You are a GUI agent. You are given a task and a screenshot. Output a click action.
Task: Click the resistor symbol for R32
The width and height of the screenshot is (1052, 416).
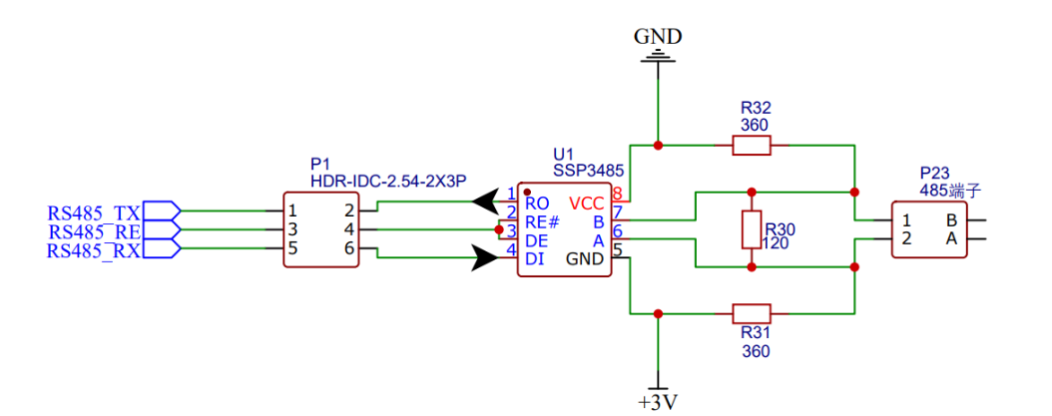point(752,146)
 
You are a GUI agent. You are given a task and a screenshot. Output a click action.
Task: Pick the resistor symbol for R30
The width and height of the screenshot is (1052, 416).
point(752,229)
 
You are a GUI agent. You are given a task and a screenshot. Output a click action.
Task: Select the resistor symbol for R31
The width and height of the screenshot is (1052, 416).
point(752,312)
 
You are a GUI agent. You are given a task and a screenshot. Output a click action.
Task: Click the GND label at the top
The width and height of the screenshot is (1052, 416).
point(658,37)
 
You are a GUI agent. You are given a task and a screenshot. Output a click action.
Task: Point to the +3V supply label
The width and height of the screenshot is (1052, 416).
point(658,402)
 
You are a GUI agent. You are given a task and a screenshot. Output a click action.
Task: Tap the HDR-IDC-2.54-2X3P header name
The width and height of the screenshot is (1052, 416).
point(388,181)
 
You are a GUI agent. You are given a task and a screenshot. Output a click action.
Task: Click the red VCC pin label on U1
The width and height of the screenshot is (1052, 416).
point(589,203)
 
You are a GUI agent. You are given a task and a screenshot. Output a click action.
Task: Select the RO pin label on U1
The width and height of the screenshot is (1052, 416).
point(537,203)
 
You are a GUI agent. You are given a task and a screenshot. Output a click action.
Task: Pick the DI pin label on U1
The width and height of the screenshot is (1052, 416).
point(534,258)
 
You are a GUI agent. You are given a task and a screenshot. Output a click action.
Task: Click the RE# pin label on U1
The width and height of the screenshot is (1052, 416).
point(542,221)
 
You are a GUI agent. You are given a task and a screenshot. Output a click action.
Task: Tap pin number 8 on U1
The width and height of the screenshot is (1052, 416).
point(618,194)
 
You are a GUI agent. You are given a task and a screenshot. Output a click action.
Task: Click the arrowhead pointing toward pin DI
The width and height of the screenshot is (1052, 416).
point(485,259)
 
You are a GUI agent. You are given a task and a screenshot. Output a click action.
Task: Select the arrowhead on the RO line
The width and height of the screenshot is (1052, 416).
point(485,203)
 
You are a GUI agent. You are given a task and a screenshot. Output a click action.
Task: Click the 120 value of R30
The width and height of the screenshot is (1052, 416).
point(776,242)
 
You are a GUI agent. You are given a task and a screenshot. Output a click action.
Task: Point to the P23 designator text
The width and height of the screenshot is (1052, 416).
point(936,173)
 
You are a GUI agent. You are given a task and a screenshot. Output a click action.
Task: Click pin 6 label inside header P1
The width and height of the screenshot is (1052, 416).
point(349,249)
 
